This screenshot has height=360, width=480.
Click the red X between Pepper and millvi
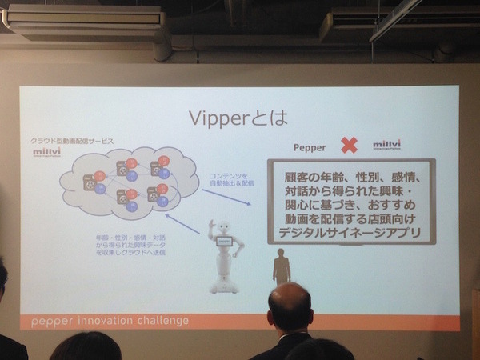pyautogui.click(x=349, y=146)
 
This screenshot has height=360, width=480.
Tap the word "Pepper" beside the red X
pyautogui.click(x=310, y=148)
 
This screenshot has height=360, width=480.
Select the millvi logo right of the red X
pyautogui.click(x=387, y=146)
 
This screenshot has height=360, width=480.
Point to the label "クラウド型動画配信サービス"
pyautogui.click(x=73, y=140)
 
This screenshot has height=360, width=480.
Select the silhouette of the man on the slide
pyautogui.click(x=281, y=266)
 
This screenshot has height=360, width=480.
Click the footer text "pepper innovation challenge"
pyautogui.click(x=110, y=321)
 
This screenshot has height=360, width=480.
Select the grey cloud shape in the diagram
pyautogui.click(x=128, y=182)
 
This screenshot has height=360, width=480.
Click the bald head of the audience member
pyautogui.click(x=289, y=306)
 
